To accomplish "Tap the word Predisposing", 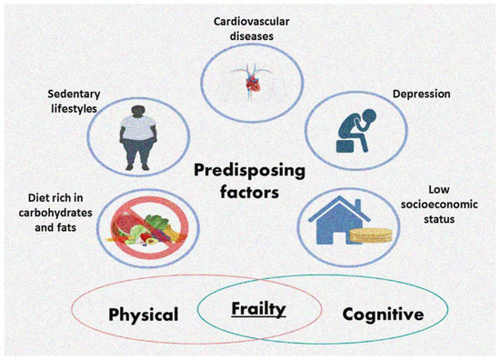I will coord(247,169).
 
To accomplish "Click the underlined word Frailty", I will coord(257,309).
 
